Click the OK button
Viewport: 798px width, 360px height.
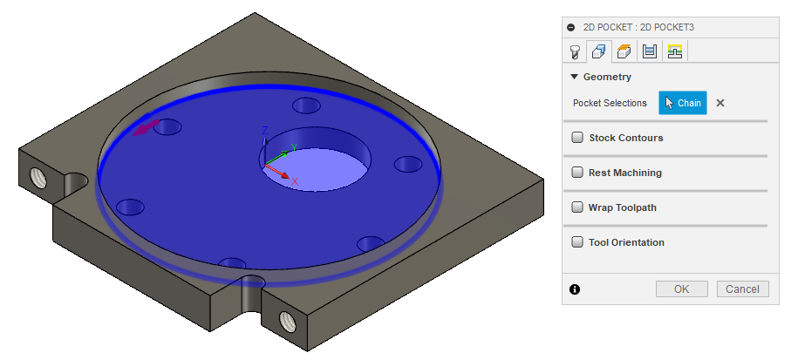pyautogui.click(x=681, y=289)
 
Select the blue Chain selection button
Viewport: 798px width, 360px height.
pyautogui.click(x=682, y=103)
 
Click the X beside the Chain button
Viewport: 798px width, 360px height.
pyautogui.click(x=720, y=103)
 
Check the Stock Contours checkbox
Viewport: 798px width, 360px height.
pyautogui.click(x=577, y=138)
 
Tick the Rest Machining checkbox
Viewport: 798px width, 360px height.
pyautogui.click(x=577, y=173)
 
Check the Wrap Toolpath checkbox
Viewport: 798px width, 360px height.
pyautogui.click(x=577, y=207)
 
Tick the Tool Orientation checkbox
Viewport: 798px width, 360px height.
pyautogui.click(x=577, y=242)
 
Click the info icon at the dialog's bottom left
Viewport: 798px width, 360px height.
pyautogui.click(x=575, y=289)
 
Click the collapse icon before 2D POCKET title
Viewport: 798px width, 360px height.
pyautogui.click(x=571, y=27)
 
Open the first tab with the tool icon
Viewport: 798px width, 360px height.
pyautogui.click(x=576, y=51)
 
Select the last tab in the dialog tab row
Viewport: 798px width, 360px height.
pyautogui.click(x=674, y=51)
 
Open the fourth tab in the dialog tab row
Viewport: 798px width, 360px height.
pyautogui.click(x=650, y=51)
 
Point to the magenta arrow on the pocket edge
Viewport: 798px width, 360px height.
pyautogui.click(x=145, y=129)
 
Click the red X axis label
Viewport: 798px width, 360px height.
pyautogui.click(x=295, y=181)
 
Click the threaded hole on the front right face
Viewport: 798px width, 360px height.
pyautogui.click(x=286, y=321)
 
